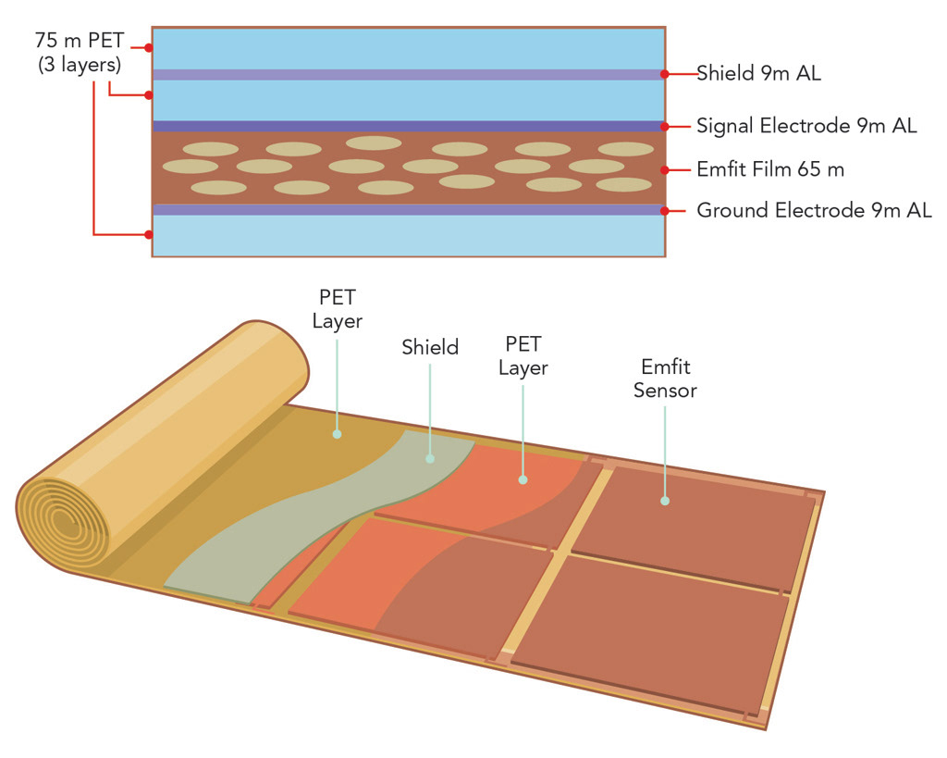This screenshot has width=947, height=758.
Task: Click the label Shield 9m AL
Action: (x=758, y=74)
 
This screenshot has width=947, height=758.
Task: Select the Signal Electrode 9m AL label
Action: (x=806, y=126)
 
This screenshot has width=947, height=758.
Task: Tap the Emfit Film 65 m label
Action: (x=770, y=170)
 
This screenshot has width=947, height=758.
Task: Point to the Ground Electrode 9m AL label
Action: (x=814, y=211)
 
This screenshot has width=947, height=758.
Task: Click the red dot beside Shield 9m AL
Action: (x=665, y=74)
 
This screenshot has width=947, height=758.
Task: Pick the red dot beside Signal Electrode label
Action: (x=665, y=126)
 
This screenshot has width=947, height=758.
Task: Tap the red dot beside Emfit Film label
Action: (x=665, y=170)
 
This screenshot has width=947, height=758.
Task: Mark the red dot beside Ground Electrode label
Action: (x=665, y=211)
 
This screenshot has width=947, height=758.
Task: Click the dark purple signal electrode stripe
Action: (x=407, y=126)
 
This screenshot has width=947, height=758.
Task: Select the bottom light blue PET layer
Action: (x=407, y=236)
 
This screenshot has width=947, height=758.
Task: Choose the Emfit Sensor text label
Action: (x=665, y=379)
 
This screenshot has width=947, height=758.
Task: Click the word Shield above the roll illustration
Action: (x=430, y=347)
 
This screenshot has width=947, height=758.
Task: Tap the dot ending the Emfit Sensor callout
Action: (x=665, y=501)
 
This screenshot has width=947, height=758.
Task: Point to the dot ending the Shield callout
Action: (x=430, y=458)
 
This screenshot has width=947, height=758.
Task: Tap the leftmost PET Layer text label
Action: (x=337, y=309)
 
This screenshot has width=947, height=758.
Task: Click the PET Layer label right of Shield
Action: (x=523, y=355)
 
